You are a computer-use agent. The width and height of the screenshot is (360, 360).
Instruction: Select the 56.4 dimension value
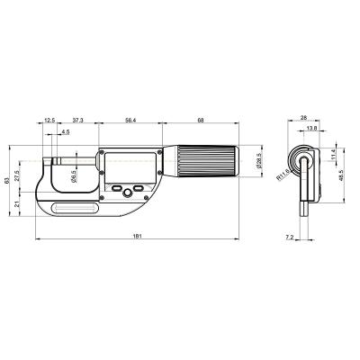coord(130,119)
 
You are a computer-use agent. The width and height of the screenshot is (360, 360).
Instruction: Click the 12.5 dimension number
coord(49,119)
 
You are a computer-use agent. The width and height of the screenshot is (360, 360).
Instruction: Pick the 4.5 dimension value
coord(66,132)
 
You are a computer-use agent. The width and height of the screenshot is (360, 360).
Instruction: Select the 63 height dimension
coord(8,181)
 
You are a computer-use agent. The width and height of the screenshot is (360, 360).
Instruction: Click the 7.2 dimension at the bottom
coord(288,236)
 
